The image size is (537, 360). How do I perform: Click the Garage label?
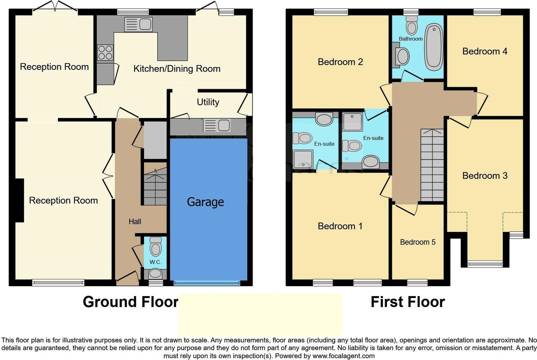(205, 202)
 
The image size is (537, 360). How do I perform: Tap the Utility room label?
(208, 102)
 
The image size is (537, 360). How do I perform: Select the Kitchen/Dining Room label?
(177, 69)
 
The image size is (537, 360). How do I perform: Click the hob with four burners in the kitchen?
(105, 52)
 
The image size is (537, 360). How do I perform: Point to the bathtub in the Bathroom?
(434, 47)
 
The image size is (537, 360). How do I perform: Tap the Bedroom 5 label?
(418, 242)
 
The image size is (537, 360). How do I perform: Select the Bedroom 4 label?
(485, 51)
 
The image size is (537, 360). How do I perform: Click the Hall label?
(135, 222)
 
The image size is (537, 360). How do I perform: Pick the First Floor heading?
(408, 302)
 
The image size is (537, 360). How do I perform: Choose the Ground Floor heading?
(130, 302)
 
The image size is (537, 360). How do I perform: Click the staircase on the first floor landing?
(432, 165)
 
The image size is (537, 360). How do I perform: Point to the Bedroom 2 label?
(340, 62)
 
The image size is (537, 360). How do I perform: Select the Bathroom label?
(411, 39)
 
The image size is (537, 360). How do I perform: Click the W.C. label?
(155, 262)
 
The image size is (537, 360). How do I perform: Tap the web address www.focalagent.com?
(344, 356)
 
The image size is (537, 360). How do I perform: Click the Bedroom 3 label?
(485, 176)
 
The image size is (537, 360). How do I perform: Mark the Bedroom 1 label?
(340, 226)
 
